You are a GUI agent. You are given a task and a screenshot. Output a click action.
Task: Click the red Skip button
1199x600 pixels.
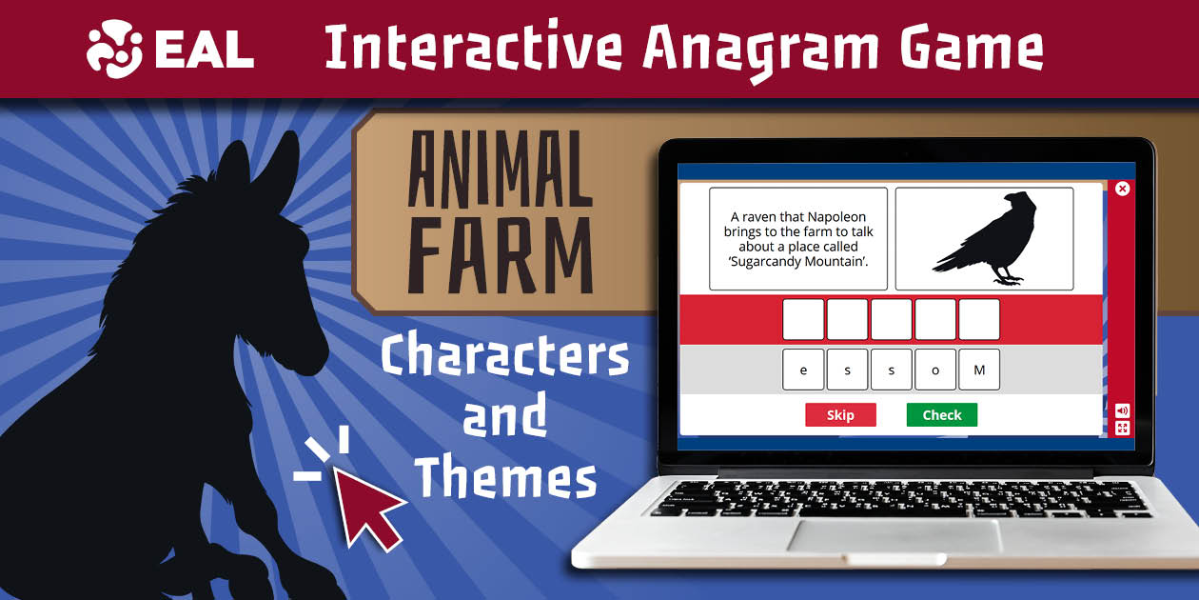(x=840, y=415)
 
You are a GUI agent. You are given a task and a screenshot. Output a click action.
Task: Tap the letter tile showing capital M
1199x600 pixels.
(x=979, y=370)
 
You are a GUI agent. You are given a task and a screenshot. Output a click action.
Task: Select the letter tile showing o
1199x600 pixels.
(x=935, y=370)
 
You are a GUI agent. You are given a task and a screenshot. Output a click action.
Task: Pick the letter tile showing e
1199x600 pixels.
(x=804, y=370)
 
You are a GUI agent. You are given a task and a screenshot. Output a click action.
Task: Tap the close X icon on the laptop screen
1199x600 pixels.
(x=1122, y=189)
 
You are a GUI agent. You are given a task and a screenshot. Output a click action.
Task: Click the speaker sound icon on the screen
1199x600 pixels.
(x=1123, y=410)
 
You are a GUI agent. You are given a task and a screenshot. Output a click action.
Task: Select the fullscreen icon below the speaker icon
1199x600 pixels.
(x=1123, y=428)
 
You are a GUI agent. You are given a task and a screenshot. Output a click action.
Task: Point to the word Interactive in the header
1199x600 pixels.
(x=473, y=49)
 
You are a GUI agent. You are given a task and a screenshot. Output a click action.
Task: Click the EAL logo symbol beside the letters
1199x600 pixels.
(x=114, y=50)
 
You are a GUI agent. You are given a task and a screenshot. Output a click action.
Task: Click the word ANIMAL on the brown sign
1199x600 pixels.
(x=500, y=170)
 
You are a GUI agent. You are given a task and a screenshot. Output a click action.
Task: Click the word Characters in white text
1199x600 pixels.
(x=504, y=357)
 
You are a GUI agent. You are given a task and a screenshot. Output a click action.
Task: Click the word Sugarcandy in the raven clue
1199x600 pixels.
(x=775, y=262)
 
